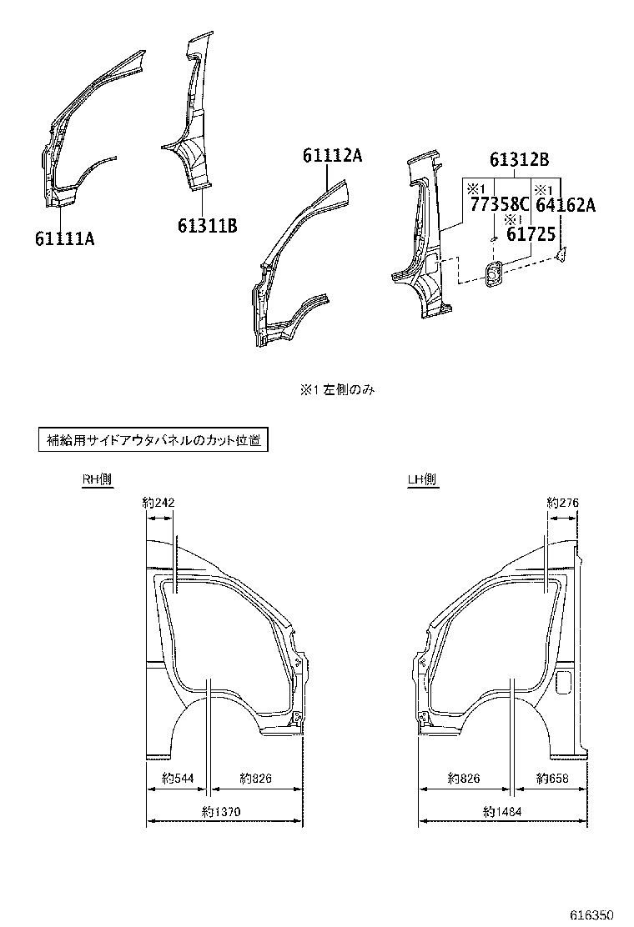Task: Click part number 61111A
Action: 64,239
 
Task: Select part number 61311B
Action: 208,225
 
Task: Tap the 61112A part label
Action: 332,156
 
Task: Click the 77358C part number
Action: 498,205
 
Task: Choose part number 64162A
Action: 565,205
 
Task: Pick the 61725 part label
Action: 531,235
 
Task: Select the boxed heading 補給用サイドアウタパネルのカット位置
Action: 153,440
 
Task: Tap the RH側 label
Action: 97,479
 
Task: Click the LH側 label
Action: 422,479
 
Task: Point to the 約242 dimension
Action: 158,503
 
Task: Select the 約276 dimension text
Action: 562,503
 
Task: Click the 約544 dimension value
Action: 177,779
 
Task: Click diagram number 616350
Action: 598,915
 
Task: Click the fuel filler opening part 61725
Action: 493,274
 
